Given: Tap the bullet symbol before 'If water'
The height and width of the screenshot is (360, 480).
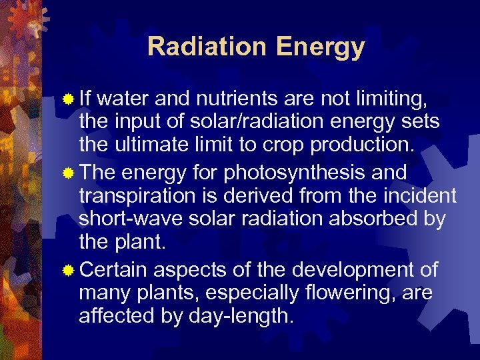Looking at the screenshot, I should [x=68, y=99].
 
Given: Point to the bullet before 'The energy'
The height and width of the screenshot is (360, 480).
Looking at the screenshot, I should [x=68, y=173].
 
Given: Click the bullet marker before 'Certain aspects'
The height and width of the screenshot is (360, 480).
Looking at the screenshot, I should [x=68, y=270].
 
